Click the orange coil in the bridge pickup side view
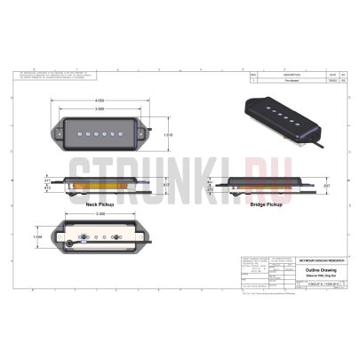pyautogui.click(x=268, y=186)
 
